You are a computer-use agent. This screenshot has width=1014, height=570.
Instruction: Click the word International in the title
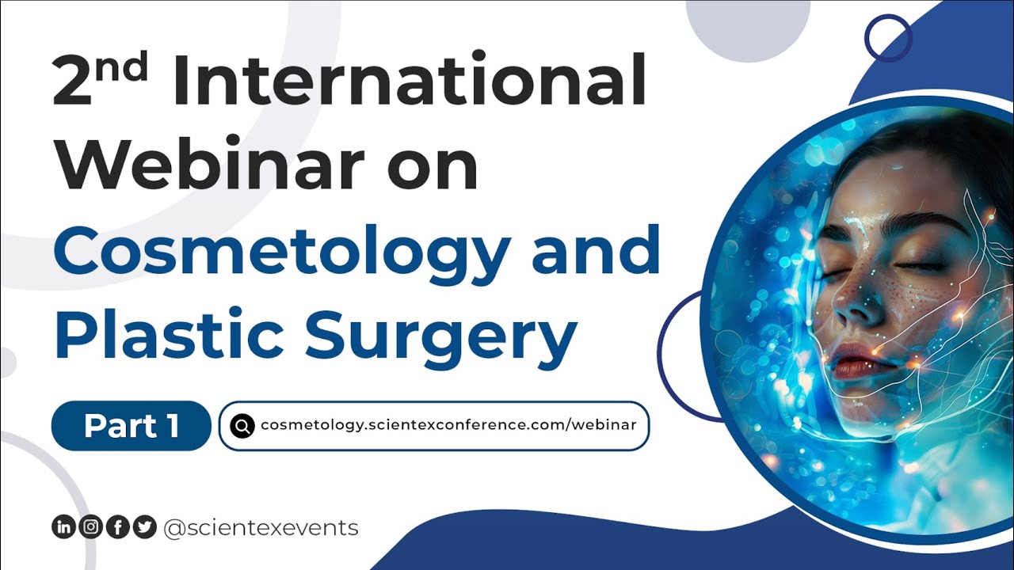tap(407, 82)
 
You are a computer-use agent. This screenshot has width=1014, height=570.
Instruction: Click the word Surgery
tap(440, 336)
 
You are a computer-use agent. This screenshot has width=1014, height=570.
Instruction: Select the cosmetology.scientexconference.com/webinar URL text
tap(448, 425)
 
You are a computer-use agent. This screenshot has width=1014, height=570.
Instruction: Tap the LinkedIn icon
tap(63, 527)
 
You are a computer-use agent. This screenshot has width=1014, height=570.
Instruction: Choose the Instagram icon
tap(90, 527)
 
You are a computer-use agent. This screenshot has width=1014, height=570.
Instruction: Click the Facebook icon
tap(117, 527)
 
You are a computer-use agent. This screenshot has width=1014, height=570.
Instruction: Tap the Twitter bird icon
tap(144, 527)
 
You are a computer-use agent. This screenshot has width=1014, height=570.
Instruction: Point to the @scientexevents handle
tap(261, 527)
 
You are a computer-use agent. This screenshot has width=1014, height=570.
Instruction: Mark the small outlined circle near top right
tap(888, 37)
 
